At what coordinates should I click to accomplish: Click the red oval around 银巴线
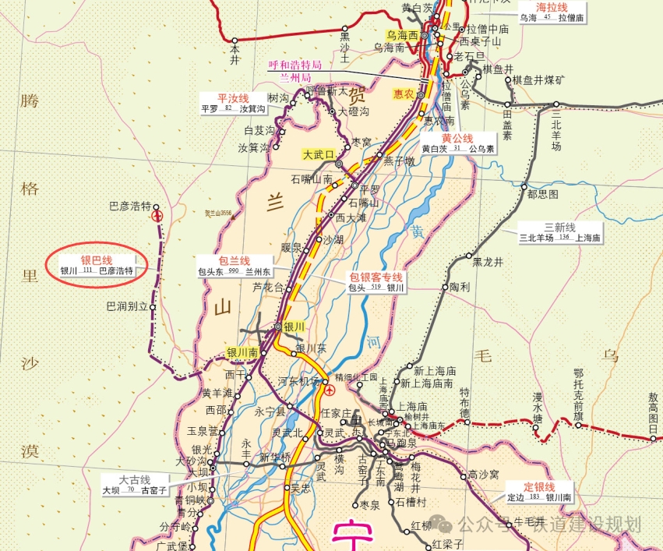click(97, 265)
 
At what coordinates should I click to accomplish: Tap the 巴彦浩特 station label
click(129, 207)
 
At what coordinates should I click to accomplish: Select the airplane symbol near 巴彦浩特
click(158, 214)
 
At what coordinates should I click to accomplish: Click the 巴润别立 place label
click(127, 306)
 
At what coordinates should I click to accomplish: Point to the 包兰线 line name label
click(234, 260)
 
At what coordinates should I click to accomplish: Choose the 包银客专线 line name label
click(376, 277)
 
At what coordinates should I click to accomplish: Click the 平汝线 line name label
click(233, 98)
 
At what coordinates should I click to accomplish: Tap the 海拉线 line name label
click(551, 6)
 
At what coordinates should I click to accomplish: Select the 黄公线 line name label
click(457, 138)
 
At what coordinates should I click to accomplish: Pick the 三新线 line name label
click(559, 228)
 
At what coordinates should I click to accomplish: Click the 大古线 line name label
click(134, 480)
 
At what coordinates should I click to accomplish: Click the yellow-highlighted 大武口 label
click(318, 154)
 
